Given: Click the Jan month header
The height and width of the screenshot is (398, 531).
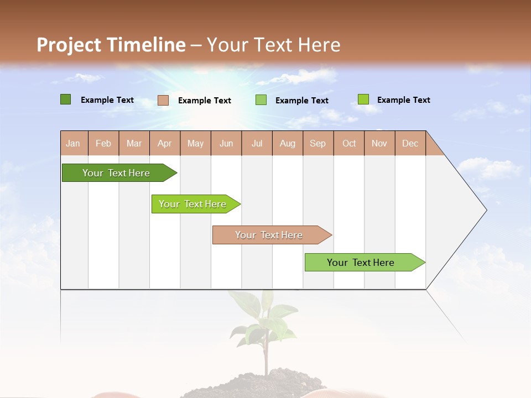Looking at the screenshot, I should (x=73, y=143).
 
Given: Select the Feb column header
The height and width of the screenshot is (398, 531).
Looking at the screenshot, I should (x=103, y=143).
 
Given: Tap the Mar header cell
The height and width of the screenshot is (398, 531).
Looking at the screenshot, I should (x=134, y=143).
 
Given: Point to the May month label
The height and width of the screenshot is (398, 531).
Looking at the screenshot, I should (x=195, y=143).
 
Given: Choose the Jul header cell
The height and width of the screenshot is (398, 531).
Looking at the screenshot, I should (x=257, y=143).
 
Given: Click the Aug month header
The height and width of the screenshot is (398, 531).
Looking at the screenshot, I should (x=287, y=143).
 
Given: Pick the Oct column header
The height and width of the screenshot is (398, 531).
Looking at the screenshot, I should (x=349, y=143).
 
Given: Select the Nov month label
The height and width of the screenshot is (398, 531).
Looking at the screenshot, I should (x=379, y=143).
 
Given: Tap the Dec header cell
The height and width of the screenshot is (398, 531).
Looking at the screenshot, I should (x=410, y=143).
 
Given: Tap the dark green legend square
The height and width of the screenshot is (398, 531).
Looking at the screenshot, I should (x=65, y=99).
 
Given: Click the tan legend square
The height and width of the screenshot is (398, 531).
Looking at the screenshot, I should (x=163, y=100).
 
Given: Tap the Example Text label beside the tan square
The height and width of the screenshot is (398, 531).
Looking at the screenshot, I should (x=204, y=101).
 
